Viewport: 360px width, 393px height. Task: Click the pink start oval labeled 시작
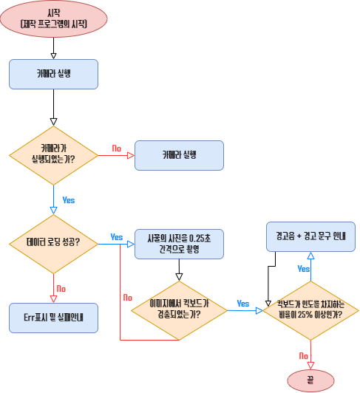tap(54, 18)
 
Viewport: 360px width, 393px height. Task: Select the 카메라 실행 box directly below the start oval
tap(54, 74)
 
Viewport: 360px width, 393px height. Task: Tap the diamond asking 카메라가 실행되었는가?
tap(54, 154)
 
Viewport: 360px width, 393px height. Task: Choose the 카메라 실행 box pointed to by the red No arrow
tap(178, 154)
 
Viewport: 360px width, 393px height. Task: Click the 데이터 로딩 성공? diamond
tap(54, 242)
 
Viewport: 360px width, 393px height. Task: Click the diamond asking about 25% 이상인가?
tap(310, 310)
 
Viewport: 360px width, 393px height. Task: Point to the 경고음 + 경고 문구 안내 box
tap(310, 236)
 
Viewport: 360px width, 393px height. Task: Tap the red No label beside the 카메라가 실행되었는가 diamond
tap(116, 148)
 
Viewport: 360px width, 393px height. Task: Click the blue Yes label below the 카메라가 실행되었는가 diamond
tap(68, 200)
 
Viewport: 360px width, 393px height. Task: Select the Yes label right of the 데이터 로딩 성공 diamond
tap(116, 237)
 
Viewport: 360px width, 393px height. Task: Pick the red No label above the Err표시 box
tap(61, 288)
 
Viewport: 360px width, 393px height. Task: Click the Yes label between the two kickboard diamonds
tap(242, 303)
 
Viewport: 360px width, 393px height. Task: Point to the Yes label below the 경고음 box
tap(303, 269)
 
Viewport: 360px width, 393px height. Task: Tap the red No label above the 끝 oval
tap(303, 356)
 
